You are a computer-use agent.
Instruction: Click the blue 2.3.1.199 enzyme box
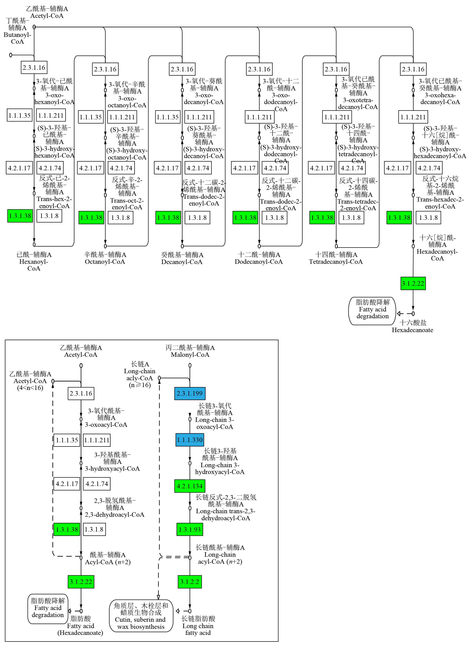coord(190,393)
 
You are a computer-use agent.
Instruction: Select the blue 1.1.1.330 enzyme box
coord(190,440)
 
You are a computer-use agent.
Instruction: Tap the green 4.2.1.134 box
coord(190,486)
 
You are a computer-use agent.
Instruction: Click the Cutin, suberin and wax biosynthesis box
coord(141,616)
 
